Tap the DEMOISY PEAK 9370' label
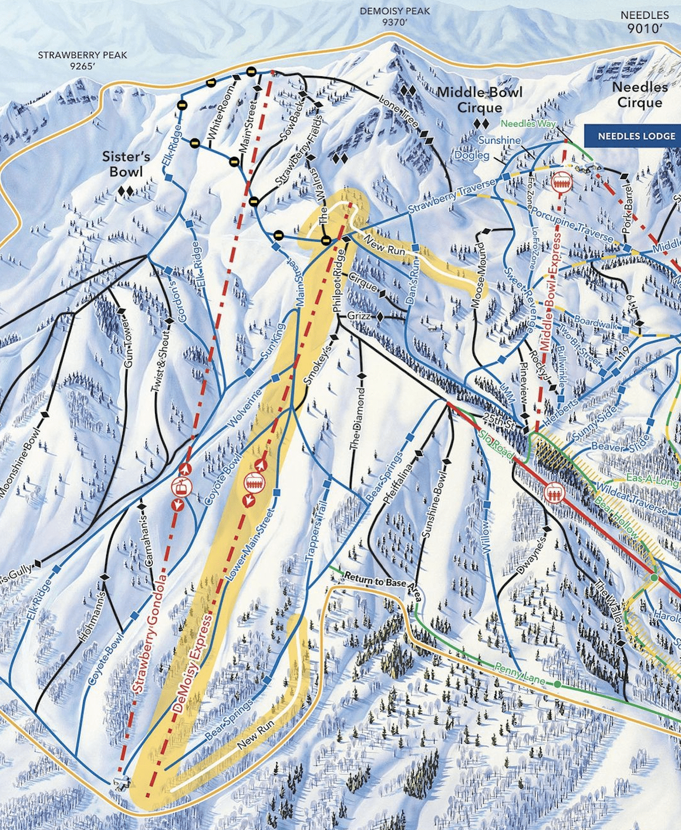pos(395,16)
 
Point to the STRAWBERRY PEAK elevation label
pos(82,60)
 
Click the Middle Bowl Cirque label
pos(480,100)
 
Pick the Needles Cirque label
pos(640,95)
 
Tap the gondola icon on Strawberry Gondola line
pos(181,487)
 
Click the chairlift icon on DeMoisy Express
pos(255,483)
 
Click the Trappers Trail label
pos(317,533)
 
